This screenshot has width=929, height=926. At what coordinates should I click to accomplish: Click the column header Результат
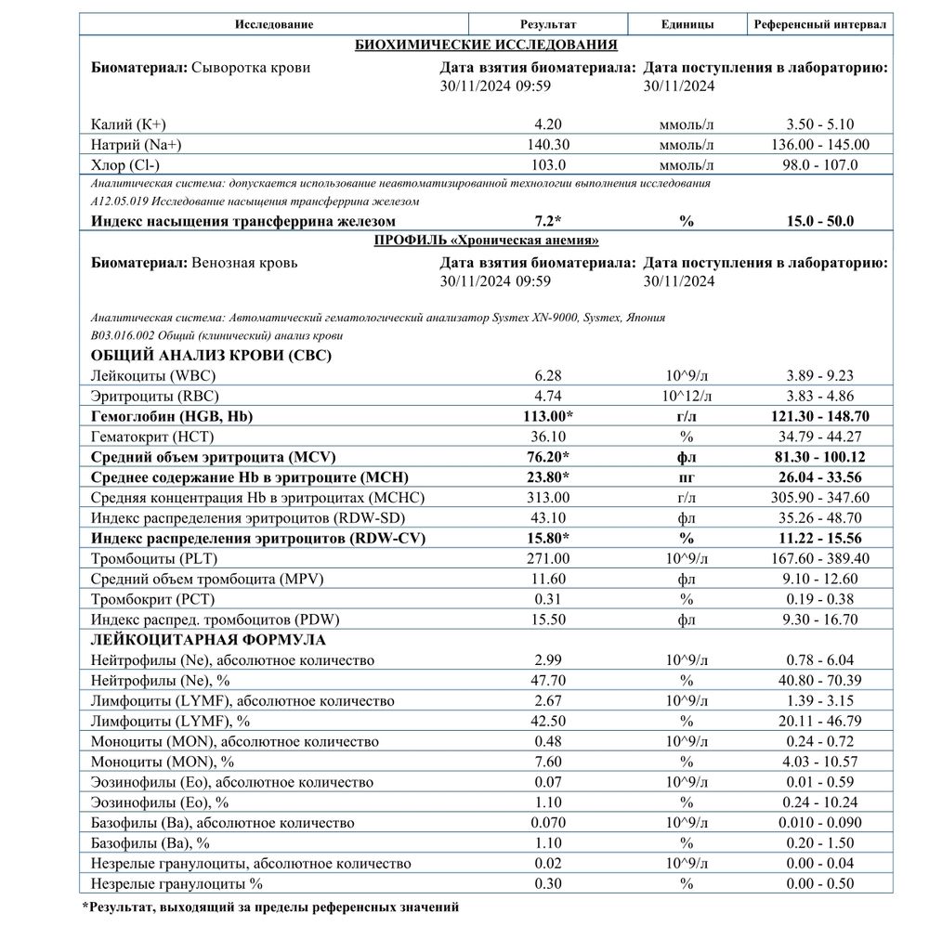click(x=548, y=23)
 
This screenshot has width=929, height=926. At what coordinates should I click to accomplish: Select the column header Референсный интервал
click(x=820, y=23)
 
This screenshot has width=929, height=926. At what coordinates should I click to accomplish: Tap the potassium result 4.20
click(x=548, y=124)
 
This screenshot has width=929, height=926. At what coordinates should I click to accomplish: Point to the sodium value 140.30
click(x=548, y=144)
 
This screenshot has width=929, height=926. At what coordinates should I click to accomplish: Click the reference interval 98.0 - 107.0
click(x=820, y=164)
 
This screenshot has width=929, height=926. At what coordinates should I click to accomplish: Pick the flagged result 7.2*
click(x=548, y=221)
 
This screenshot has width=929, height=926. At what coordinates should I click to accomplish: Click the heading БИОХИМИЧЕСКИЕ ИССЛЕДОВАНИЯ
click(x=487, y=45)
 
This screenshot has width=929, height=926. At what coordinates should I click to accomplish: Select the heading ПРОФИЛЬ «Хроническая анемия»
click(x=486, y=241)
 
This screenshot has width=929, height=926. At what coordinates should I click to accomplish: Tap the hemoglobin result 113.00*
click(x=548, y=416)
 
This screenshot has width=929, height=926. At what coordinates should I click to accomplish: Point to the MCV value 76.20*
click(x=548, y=457)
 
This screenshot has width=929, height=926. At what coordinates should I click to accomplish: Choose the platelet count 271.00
click(x=548, y=557)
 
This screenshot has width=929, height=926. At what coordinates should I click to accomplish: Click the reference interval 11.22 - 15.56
click(x=820, y=537)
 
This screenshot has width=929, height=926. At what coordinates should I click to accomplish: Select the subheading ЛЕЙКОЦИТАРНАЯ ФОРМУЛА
click(x=208, y=639)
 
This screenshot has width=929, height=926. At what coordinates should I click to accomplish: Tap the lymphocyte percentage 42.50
click(x=548, y=720)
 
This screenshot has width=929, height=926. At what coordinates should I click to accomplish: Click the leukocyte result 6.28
click(x=548, y=375)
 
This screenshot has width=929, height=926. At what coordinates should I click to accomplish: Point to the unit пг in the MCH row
click(x=687, y=477)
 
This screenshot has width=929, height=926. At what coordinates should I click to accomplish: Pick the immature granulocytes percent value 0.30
click(x=548, y=883)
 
